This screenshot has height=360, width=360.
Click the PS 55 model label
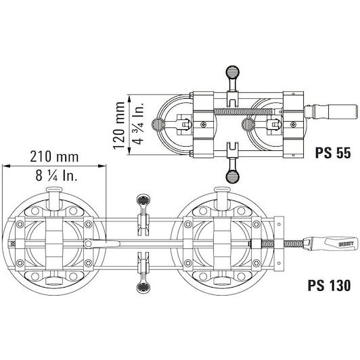click(x=333, y=153)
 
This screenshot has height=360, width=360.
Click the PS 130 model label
click(x=329, y=285)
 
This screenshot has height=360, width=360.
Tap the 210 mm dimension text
click(x=54, y=156)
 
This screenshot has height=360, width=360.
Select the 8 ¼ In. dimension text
click(x=56, y=176)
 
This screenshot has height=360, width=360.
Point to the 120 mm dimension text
click(x=119, y=125)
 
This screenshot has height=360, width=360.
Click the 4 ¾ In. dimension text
click(x=139, y=123)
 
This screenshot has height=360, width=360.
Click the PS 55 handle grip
click(x=342, y=112)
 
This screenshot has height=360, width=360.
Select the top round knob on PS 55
click(x=233, y=72)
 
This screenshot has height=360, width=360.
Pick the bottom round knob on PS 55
click(x=233, y=177)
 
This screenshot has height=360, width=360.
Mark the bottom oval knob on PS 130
click(x=143, y=288)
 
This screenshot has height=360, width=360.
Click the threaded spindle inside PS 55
click(x=244, y=112)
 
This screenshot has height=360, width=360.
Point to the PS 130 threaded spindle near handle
click(x=294, y=244)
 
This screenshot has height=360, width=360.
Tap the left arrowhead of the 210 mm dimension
click(x=6, y=166)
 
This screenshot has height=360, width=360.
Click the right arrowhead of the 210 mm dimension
click(x=102, y=166)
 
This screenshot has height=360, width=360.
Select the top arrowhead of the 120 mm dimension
click(x=129, y=99)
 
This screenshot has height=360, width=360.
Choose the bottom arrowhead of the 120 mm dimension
click(x=129, y=150)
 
